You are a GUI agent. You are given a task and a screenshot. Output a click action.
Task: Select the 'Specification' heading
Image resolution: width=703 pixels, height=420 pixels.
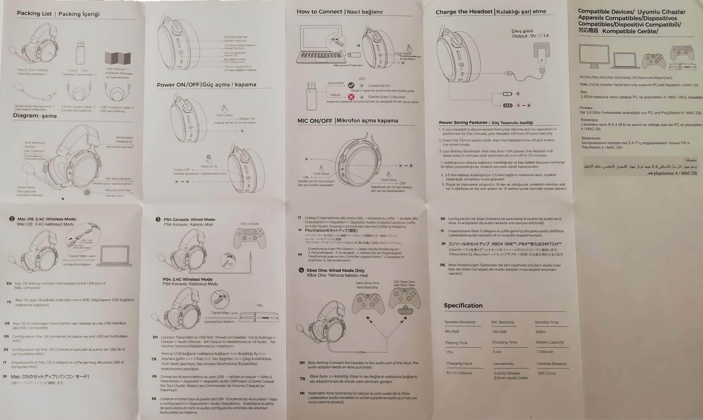(x=463, y=306)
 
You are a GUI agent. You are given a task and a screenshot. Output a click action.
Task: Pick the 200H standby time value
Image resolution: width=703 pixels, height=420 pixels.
(x=541, y=332)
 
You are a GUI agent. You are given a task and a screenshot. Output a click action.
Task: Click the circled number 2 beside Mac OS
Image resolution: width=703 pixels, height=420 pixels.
(x=12, y=219)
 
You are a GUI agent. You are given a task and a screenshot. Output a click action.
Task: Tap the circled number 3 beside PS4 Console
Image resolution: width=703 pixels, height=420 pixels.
(x=158, y=219)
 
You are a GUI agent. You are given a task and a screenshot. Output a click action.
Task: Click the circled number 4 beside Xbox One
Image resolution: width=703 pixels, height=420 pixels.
(x=301, y=270)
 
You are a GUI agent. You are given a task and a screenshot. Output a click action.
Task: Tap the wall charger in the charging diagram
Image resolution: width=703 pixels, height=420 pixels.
(x=541, y=52)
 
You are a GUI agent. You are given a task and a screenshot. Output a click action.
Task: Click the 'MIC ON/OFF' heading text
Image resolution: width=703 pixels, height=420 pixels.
(x=315, y=121)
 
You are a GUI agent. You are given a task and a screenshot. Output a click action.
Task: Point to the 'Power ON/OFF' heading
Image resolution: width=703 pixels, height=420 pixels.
(x=178, y=85)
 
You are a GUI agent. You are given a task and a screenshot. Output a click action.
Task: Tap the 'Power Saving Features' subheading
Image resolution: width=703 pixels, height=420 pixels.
(x=463, y=123)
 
